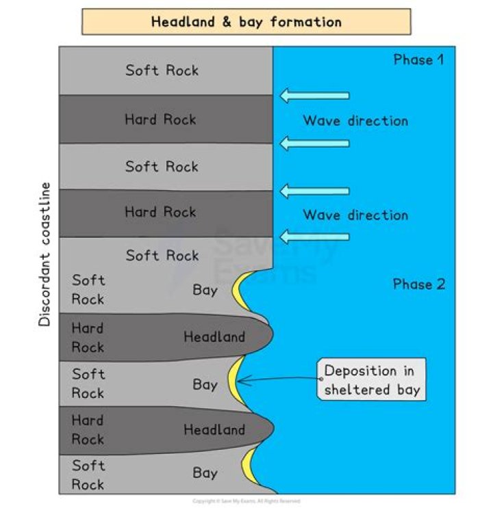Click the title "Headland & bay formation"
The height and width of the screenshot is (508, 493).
pos(246,22)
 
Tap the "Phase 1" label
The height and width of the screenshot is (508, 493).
pos(418,59)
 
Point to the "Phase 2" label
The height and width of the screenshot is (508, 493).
pos(418,284)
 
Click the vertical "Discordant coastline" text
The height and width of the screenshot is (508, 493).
pos(45,254)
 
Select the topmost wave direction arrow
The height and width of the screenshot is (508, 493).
pos(314,96)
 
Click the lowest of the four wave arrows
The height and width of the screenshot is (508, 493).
pos(314,237)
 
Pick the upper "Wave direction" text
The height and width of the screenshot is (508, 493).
pos(355,121)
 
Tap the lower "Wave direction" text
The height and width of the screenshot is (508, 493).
pos(355,215)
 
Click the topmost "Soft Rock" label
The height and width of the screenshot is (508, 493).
pos(162,70)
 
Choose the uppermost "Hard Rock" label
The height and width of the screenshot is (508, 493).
pos(160,120)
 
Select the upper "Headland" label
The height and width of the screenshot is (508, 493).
pos(214,337)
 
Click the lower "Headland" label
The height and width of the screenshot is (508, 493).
pos(214,430)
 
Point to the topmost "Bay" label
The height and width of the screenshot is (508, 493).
pos(205,290)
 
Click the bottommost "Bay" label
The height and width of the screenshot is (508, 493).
pos(205,472)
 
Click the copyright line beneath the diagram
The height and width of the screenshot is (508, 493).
pos(246,501)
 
